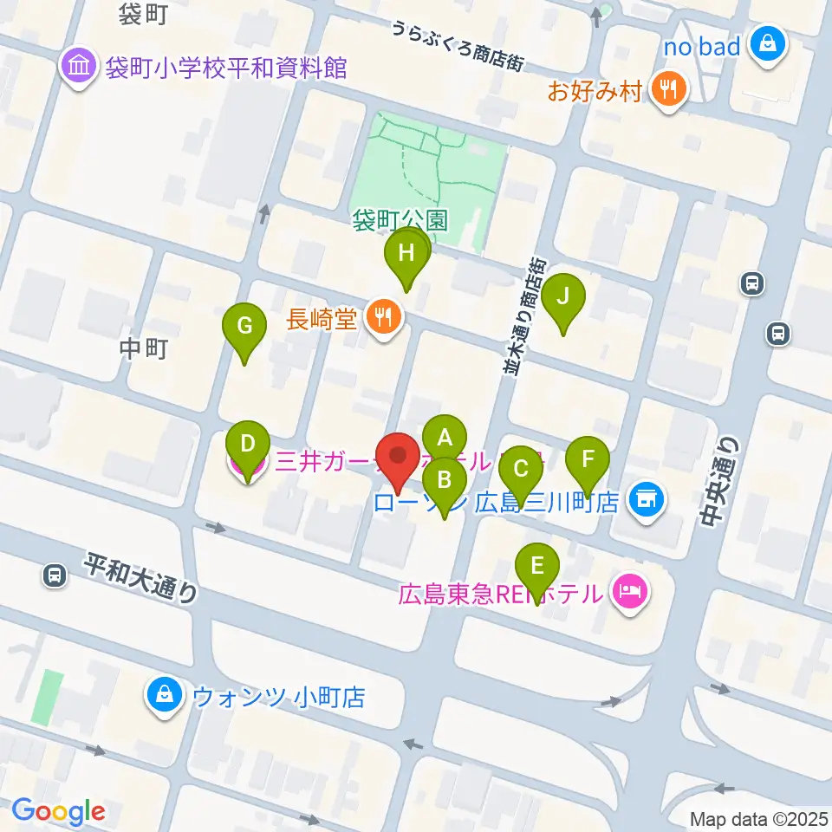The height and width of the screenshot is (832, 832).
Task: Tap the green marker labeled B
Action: [445, 478]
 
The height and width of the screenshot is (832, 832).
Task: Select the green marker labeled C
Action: [521, 468]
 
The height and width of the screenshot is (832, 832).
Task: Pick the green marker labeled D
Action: [247, 445]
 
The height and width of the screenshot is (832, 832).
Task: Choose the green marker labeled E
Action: [537, 567]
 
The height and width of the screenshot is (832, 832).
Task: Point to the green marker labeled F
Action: [588, 459]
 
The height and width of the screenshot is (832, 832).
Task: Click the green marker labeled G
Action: [244, 327]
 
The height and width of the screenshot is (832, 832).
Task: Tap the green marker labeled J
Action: [563, 297]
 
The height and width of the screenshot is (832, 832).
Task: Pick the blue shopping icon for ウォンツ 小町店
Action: [164, 695]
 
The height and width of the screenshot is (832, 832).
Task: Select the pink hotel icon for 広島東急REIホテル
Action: [630, 594]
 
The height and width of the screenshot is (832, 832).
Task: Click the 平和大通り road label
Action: [141, 578]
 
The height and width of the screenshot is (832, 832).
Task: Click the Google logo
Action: [58, 811]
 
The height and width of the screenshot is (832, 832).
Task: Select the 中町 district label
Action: [142, 349]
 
